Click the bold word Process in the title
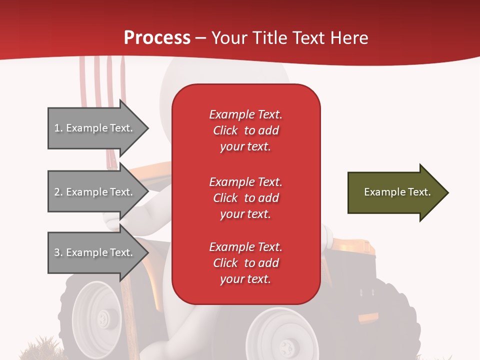[x=157, y=38]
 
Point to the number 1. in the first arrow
[x=58, y=128]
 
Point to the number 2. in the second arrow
[x=58, y=192]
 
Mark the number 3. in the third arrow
[x=58, y=252]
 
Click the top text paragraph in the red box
[x=245, y=130]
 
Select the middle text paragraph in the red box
[x=245, y=198]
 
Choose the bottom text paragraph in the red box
[x=245, y=263]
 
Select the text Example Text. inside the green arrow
[x=397, y=192]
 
